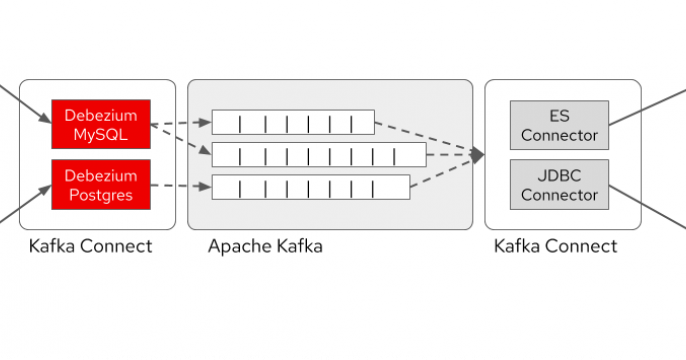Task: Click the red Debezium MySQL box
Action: (x=100, y=124)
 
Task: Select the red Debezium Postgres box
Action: (x=100, y=184)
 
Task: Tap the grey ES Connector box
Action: (x=559, y=124)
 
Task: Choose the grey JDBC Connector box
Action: (x=559, y=184)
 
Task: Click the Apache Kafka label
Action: (x=265, y=246)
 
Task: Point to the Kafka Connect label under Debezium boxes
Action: (x=91, y=246)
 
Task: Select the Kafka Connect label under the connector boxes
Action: (x=556, y=246)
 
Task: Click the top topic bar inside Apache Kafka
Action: (x=292, y=122)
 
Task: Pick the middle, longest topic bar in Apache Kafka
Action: (x=318, y=154)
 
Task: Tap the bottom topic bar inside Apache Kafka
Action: (x=310, y=187)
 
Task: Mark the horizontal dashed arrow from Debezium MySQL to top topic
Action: (x=180, y=124)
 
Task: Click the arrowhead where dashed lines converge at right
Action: (x=478, y=155)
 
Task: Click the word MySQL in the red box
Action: (x=100, y=134)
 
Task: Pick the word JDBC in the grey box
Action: (x=559, y=175)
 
